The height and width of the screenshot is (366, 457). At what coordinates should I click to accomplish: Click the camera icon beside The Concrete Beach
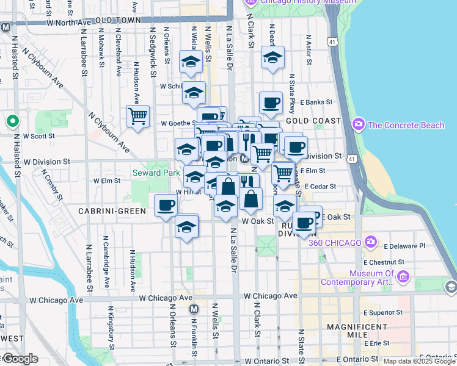(359, 124)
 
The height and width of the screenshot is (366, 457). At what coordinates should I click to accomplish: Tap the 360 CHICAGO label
(335, 243)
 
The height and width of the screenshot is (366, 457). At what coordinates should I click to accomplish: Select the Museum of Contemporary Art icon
(402, 278)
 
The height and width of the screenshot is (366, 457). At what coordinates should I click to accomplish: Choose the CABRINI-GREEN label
(112, 211)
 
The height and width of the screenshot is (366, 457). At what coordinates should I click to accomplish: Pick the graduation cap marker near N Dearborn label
(272, 57)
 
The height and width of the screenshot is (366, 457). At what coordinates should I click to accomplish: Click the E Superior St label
(383, 312)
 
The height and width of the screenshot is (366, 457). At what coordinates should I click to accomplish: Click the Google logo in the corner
(20, 359)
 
